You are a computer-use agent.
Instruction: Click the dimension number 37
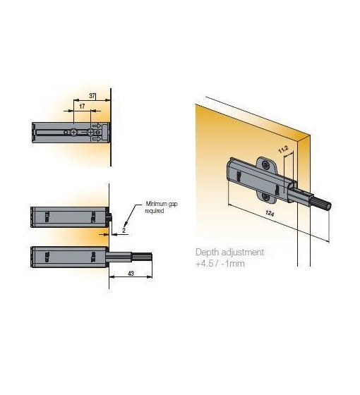tap(92, 96)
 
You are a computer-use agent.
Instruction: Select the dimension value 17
tap(82, 107)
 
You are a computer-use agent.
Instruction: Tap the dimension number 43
tap(131, 274)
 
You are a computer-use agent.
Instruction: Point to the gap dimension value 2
tap(124, 230)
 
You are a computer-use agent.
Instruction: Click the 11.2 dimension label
tap(283, 150)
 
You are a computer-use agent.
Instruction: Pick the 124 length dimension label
tap(270, 214)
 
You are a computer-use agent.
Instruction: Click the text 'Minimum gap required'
tap(161, 207)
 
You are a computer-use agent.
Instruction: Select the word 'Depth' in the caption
tap(206, 253)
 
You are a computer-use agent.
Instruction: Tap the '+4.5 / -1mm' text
tap(220, 264)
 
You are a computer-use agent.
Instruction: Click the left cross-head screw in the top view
tap(73, 133)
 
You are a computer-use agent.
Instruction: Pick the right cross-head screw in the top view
tap(90, 133)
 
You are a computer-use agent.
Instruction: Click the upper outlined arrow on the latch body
tap(97, 126)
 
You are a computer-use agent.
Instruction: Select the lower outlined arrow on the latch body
tap(97, 139)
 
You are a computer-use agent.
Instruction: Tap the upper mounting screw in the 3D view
tap(265, 165)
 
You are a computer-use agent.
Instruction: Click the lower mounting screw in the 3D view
tap(265, 197)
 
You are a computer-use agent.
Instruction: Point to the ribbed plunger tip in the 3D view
tap(322, 203)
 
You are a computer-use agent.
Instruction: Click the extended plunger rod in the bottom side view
tap(129, 257)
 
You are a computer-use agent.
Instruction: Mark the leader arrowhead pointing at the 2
tap(126, 223)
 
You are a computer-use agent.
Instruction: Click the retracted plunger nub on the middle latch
tap(109, 217)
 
